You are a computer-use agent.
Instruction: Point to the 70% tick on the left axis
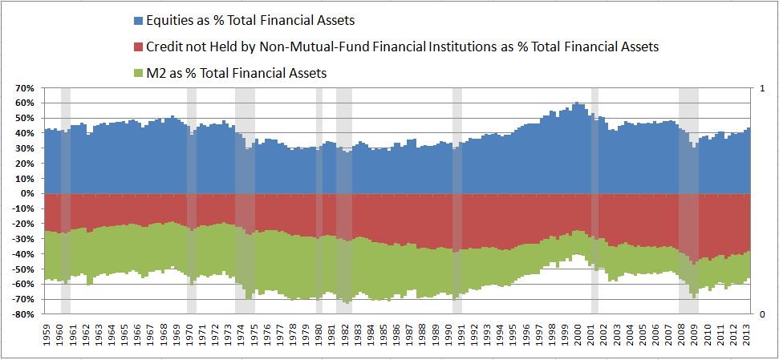(23, 88)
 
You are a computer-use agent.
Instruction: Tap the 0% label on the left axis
(26, 193)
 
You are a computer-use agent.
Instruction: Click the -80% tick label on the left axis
(22, 314)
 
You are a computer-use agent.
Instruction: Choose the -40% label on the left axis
(22, 254)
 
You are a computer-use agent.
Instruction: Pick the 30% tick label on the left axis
(23, 148)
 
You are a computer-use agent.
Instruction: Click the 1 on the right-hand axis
(761, 88)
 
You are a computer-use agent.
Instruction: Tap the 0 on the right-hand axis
(761, 314)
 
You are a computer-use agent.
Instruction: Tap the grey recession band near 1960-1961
(66, 200)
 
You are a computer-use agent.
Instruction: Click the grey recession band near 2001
(594, 200)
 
